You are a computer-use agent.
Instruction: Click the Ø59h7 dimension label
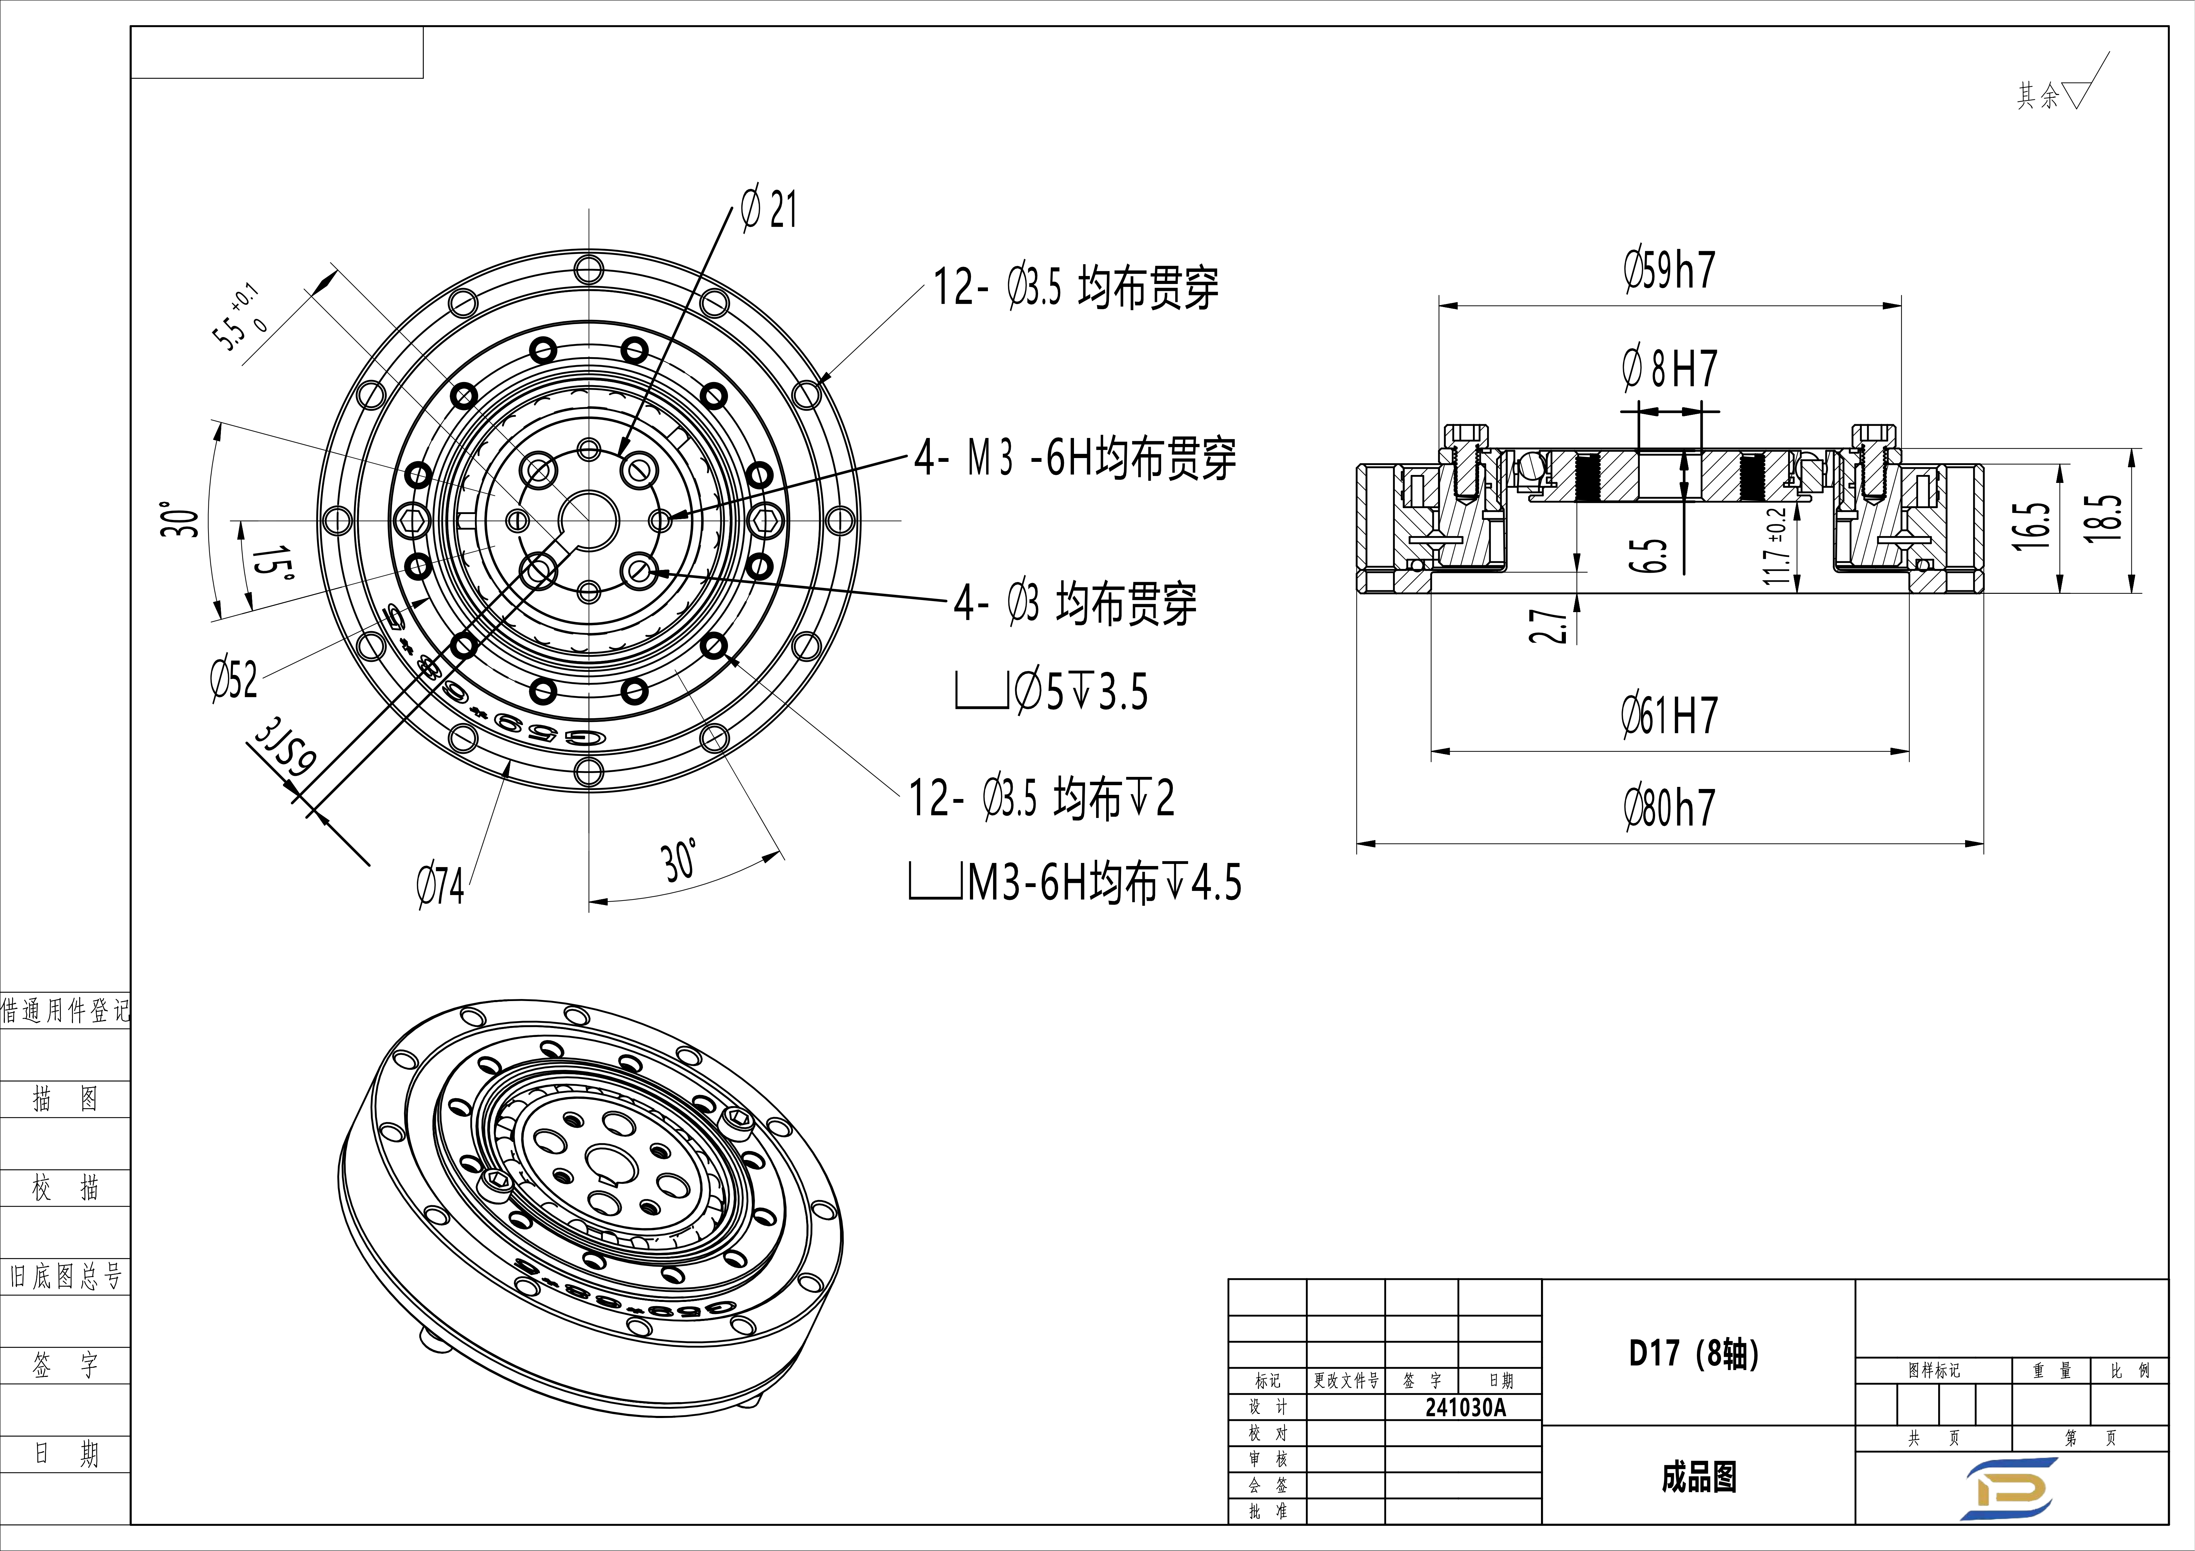click(x=1669, y=270)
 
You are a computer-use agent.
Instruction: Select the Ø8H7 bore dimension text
click(x=1669, y=369)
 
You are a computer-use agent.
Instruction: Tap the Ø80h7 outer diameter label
click(x=1669, y=808)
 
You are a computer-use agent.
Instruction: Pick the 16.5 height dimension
click(x=2031, y=526)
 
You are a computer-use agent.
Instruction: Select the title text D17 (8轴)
click(x=1693, y=1353)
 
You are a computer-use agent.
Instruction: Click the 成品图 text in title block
click(x=1698, y=1477)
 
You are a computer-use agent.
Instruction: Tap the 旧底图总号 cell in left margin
click(x=65, y=1276)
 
